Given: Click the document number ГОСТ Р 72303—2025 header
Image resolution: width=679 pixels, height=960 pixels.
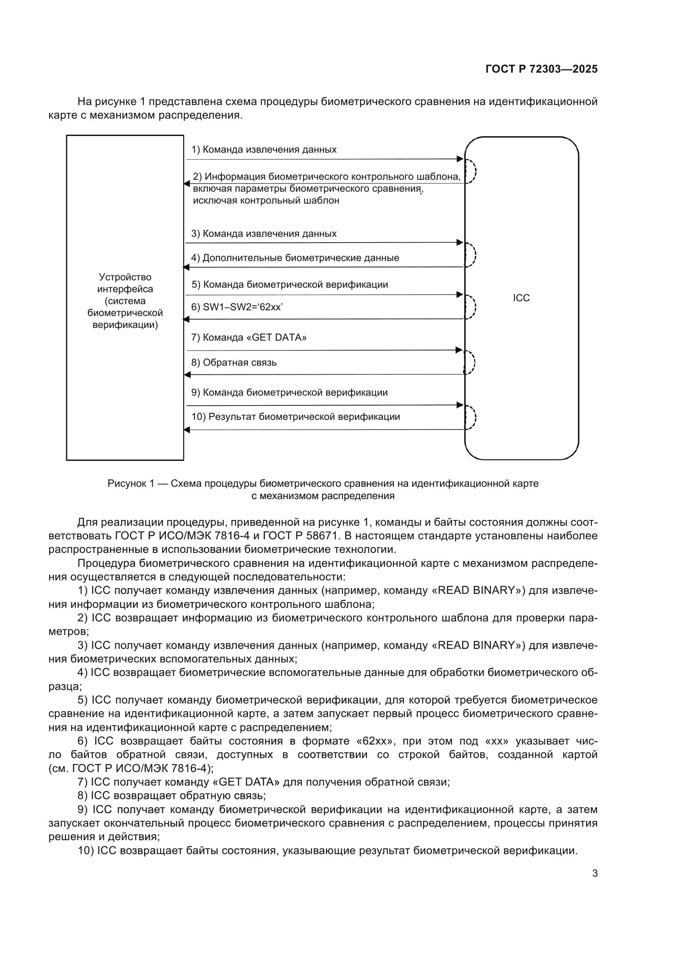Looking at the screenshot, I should [x=541, y=69].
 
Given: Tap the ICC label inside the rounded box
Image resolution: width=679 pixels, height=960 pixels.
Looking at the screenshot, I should [x=521, y=298].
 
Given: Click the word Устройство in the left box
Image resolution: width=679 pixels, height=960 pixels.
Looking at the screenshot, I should [x=125, y=277].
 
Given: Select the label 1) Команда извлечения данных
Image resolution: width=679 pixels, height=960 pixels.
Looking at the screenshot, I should [x=264, y=150].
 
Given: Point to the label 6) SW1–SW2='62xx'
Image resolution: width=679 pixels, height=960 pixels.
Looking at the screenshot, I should [x=237, y=307].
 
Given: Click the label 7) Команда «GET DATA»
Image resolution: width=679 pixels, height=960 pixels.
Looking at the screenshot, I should [x=249, y=337].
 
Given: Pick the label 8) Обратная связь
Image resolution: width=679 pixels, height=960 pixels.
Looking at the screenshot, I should [x=234, y=362].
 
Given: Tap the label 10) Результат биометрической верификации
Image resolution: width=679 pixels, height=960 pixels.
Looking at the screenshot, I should [x=296, y=417].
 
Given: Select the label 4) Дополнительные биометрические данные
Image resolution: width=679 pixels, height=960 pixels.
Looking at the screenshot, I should [x=295, y=258].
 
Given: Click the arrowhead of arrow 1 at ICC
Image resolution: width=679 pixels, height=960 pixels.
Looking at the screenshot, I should [x=460, y=159].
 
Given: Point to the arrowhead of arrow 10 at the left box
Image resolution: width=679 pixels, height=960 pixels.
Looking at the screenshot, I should [x=187, y=430].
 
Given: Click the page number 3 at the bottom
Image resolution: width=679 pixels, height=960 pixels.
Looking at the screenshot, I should [x=594, y=873].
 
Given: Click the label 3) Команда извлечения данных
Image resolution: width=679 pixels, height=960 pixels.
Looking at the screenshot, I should [x=264, y=234].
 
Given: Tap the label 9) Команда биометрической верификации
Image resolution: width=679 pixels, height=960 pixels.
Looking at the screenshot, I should [x=289, y=393].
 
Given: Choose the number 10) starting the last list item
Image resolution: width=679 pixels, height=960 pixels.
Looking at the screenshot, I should [x=85, y=850].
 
